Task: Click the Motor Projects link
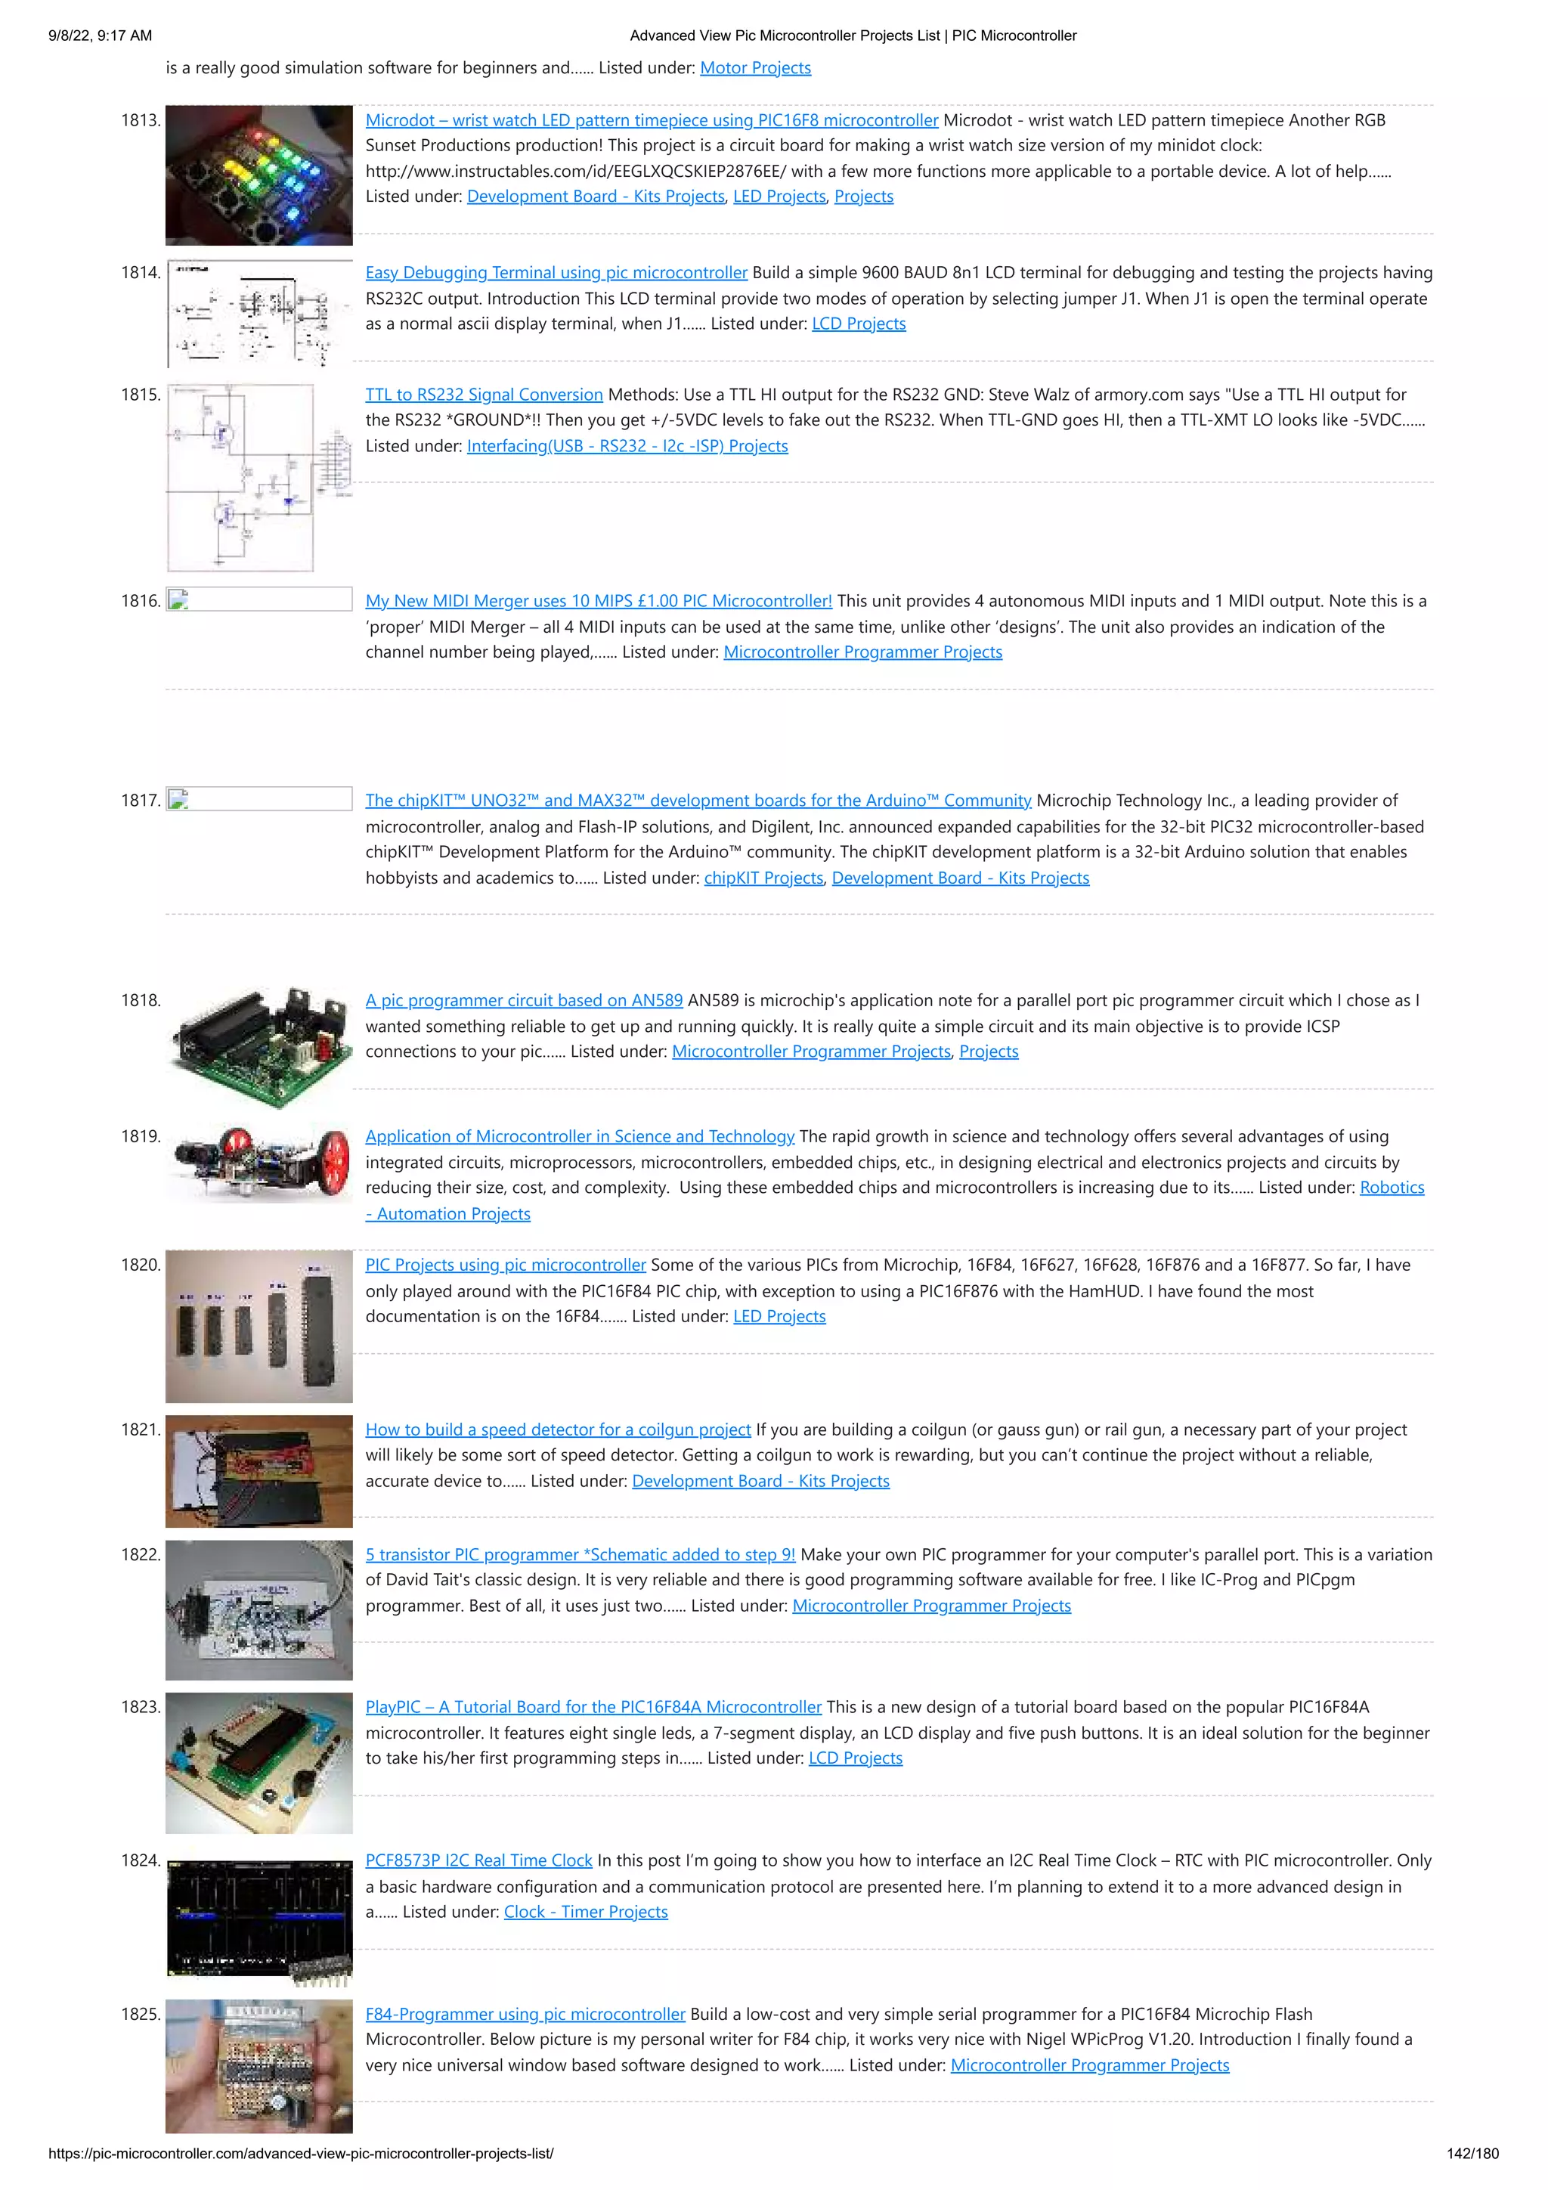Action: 754,68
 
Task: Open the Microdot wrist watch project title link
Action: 652,120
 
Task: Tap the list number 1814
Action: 140,273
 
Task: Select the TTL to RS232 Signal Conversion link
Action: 484,395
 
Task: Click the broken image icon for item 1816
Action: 178,600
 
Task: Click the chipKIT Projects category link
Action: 763,878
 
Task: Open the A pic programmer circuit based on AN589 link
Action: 524,1001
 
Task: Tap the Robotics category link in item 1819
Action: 1391,1188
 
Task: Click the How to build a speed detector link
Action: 558,1430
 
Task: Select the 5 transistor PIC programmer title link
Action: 580,1555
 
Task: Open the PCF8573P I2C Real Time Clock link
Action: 478,1861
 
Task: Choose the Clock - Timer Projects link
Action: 586,1912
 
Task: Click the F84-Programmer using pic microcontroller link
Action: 525,2015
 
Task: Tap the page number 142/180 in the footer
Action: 1472,2154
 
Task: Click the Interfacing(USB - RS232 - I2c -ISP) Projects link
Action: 627,447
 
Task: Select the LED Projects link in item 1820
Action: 779,1316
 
